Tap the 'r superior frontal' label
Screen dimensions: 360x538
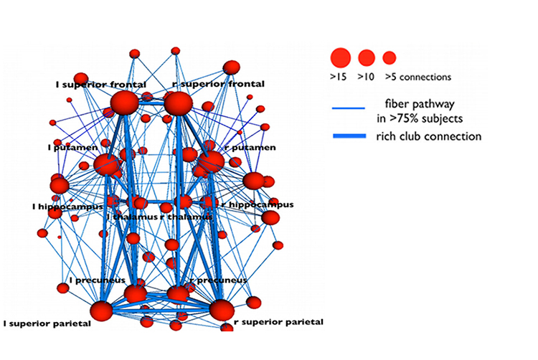point(219,85)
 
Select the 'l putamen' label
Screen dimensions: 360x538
point(71,147)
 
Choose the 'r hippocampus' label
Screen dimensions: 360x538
point(258,205)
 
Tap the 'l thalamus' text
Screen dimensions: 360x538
point(131,217)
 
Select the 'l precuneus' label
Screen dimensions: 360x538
point(98,280)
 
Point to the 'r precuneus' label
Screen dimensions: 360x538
point(218,280)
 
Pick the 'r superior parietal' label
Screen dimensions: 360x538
point(278,322)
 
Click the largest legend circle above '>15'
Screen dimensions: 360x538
point(340,57)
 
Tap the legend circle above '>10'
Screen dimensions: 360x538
point(367,57)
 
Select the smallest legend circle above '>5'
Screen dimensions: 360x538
point(390,57)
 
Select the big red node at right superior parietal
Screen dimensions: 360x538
point(222,310)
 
